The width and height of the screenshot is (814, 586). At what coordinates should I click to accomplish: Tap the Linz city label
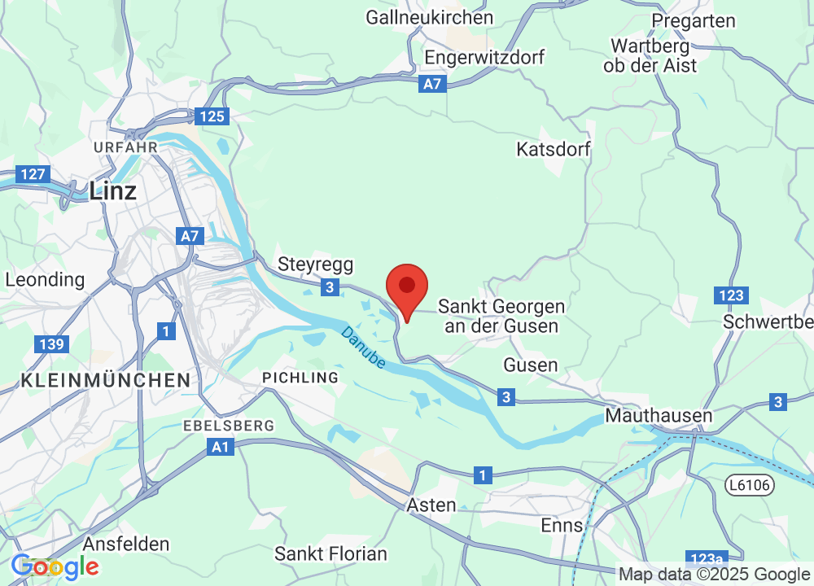112,191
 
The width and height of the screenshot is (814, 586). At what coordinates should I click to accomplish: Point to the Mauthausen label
659,416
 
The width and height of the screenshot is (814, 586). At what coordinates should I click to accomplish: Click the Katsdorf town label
554,150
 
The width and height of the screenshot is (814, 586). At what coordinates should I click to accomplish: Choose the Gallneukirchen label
429,17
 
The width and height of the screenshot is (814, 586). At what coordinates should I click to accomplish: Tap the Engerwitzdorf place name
484,58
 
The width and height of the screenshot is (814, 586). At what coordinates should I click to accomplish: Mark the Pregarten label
694,21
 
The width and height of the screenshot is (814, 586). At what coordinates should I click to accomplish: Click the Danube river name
363,348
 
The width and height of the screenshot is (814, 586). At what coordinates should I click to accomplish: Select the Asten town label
431,505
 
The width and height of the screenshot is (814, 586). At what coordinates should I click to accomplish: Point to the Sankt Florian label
330,554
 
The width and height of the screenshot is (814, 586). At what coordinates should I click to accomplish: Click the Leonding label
45,279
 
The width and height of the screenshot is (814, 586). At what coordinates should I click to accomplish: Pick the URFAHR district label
125,146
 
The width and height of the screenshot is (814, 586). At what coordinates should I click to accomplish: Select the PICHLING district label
300,378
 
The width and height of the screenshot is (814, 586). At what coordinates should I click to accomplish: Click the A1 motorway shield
220,447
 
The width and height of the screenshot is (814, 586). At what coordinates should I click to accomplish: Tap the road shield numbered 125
212,116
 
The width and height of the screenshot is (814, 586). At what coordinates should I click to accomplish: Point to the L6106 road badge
749,485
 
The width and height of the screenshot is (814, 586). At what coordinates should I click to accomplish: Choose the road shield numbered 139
50,344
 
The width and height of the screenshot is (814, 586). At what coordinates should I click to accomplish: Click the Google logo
55,566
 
